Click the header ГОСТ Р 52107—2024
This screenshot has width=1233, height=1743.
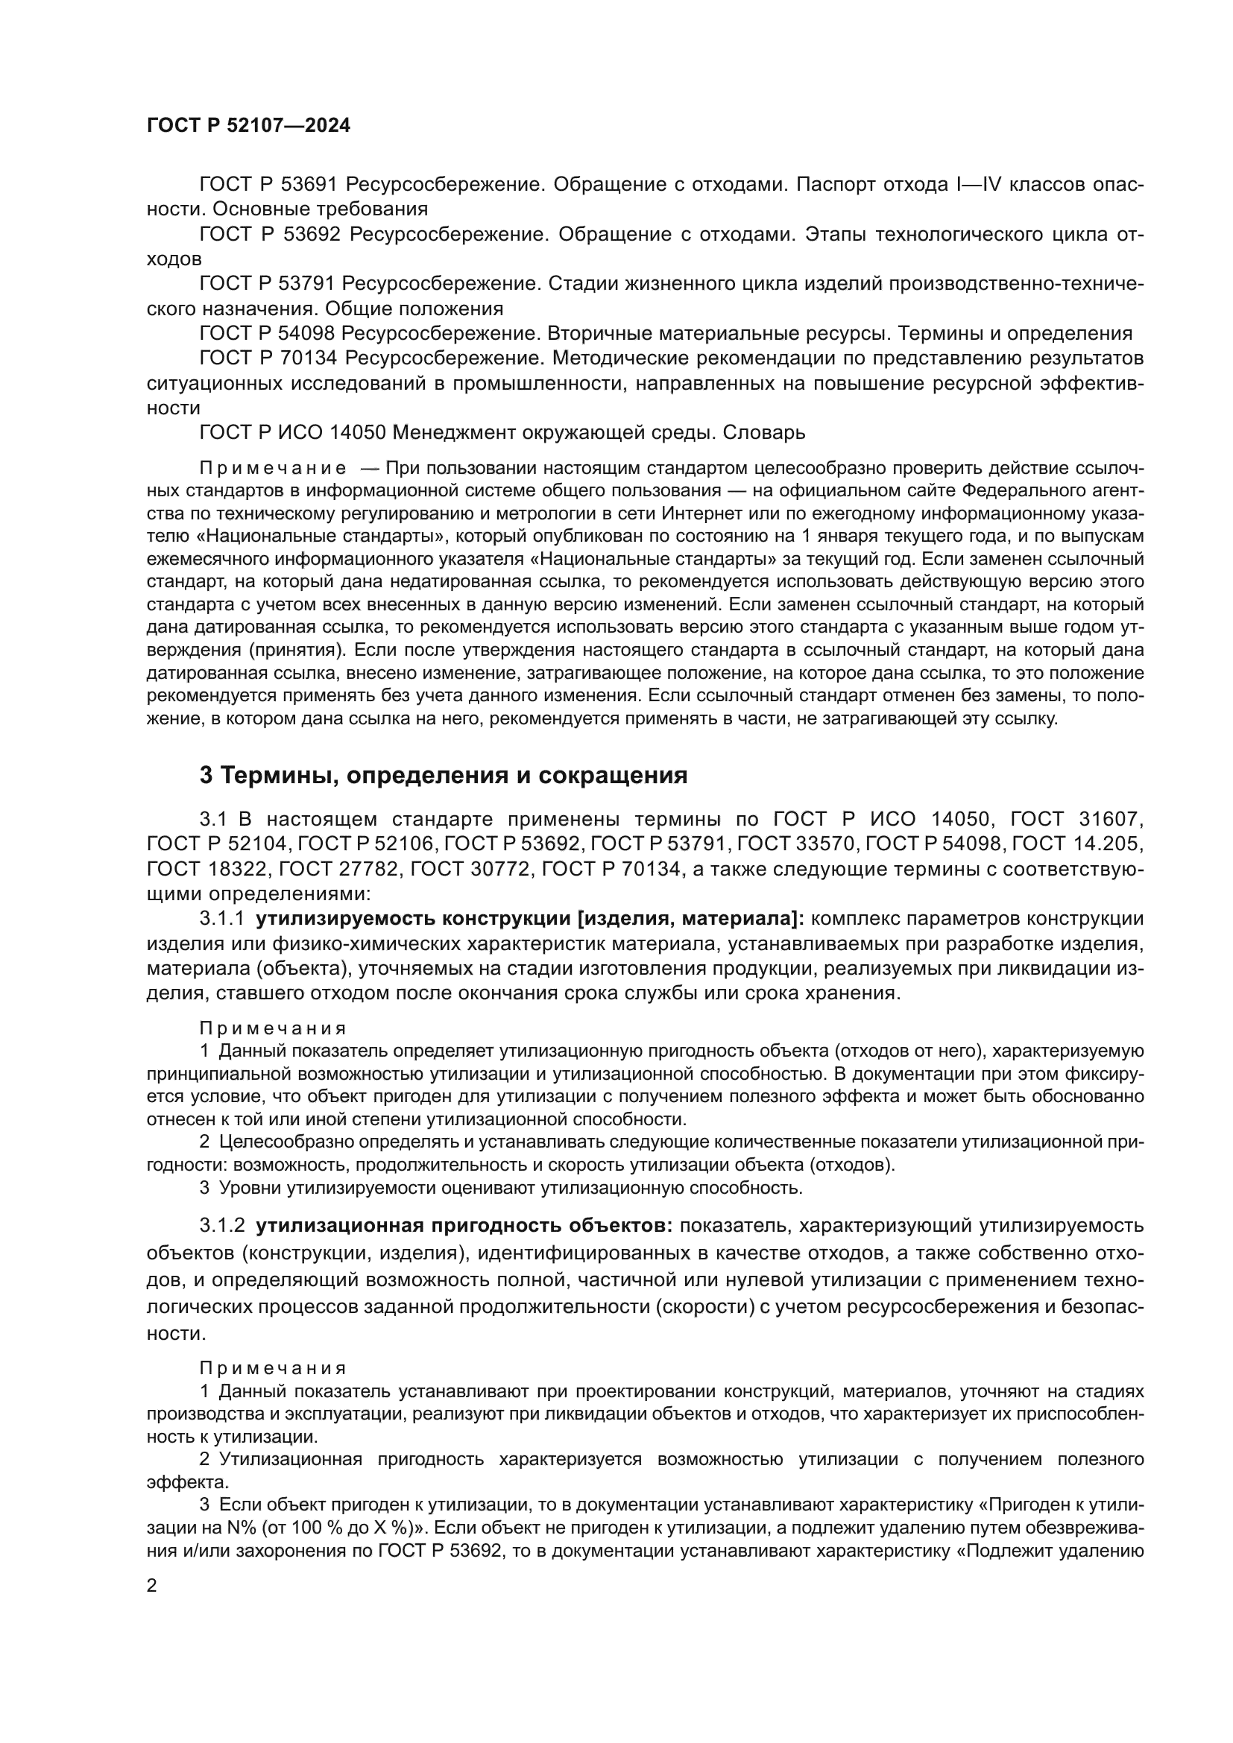tap(248, 125)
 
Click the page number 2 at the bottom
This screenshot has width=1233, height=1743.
tap(152, 1586)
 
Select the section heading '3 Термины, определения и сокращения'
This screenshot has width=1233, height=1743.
tap(444, 775)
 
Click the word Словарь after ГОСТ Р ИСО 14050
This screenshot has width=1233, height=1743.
tap(764, 433)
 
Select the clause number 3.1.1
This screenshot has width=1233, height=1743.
tap(221, 919)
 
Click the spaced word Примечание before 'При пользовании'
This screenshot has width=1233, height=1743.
tap(273, 469)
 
